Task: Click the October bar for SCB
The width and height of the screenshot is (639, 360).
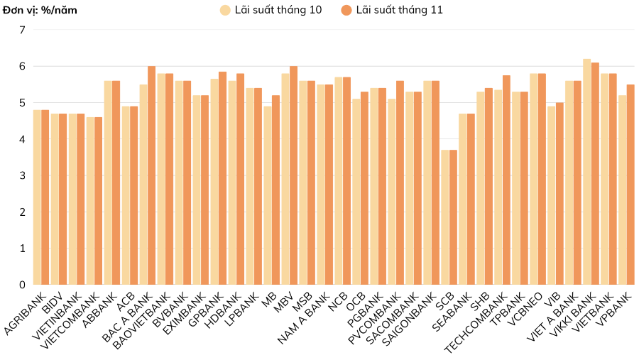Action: pyautogui.click(x=444, y=217)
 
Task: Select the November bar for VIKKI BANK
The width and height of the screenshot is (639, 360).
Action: pyautogui.click(x=595, y=174)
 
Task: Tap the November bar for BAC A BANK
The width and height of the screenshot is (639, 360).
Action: pyautogui.click(x=151, y=175)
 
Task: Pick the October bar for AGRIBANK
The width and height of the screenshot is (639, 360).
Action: pyautogui.click(x=37, y=197)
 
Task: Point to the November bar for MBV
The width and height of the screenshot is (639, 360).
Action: pyautogui.click(x=293, y=175)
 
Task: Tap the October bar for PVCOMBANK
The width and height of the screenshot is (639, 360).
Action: pyautogui.click(x=391, y=192)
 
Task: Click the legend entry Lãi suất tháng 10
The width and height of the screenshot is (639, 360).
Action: pyautogui.click(x=271, y=10)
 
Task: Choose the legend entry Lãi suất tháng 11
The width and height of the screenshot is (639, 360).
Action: pyautogui.click(x=391, y=10)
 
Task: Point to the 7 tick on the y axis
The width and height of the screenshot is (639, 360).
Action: pyautogui.click(x=22, y=30)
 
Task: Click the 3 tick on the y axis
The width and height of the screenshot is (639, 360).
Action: pyautogui.click(x=22, y=175)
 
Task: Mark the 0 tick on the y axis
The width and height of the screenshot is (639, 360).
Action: pyautogui.click(x=22, y=285)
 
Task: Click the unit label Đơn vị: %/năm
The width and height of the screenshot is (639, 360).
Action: pyautogui.click(x=40, y=10)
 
